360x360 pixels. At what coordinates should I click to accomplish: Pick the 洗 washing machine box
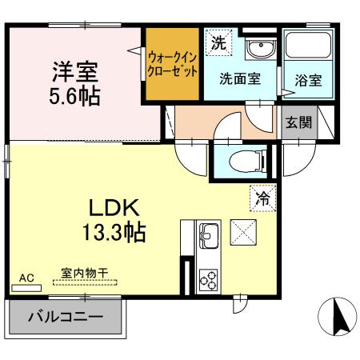[x=218, y=44]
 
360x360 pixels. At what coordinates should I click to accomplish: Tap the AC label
[x=26, y=277]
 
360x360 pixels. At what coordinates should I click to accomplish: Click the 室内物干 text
[x=84, y=272]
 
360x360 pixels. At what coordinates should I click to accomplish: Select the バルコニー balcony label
[x=66, y=317]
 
